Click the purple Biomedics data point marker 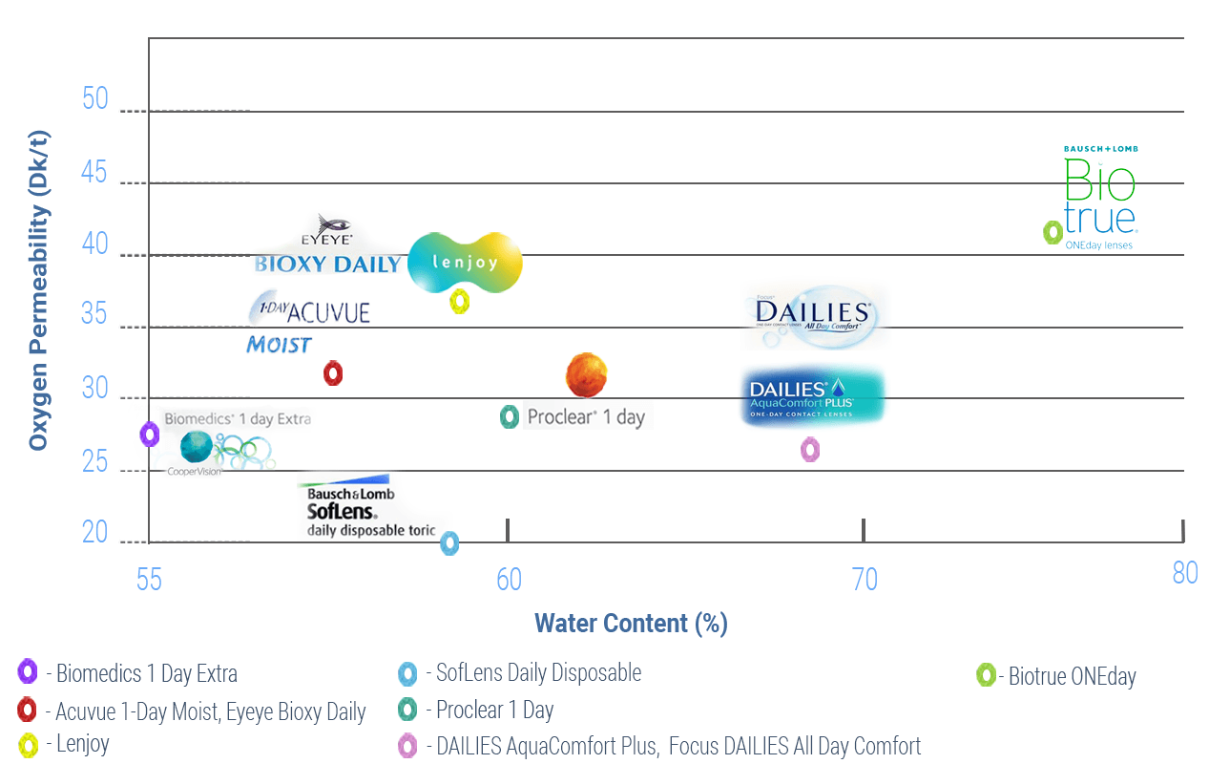[x=149, y=435]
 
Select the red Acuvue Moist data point [x=333, y=373]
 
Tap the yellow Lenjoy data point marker [x=460, y=302]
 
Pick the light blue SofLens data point [x=449, y=543]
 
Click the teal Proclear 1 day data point [x=510, y=416]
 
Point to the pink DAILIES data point [x=810, y=449]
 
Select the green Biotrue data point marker [x=1053, y=232]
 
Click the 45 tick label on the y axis [x=95, y=174]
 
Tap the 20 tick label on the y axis [x=95, y=532]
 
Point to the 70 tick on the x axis [x=865, y=579]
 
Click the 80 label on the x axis [x=1184, y=573]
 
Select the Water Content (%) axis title [x=631, y=624]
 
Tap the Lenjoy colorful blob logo [x=465, y=261]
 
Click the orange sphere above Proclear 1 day [x=586, y=374]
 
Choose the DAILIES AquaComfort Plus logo [x=813, y=396]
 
